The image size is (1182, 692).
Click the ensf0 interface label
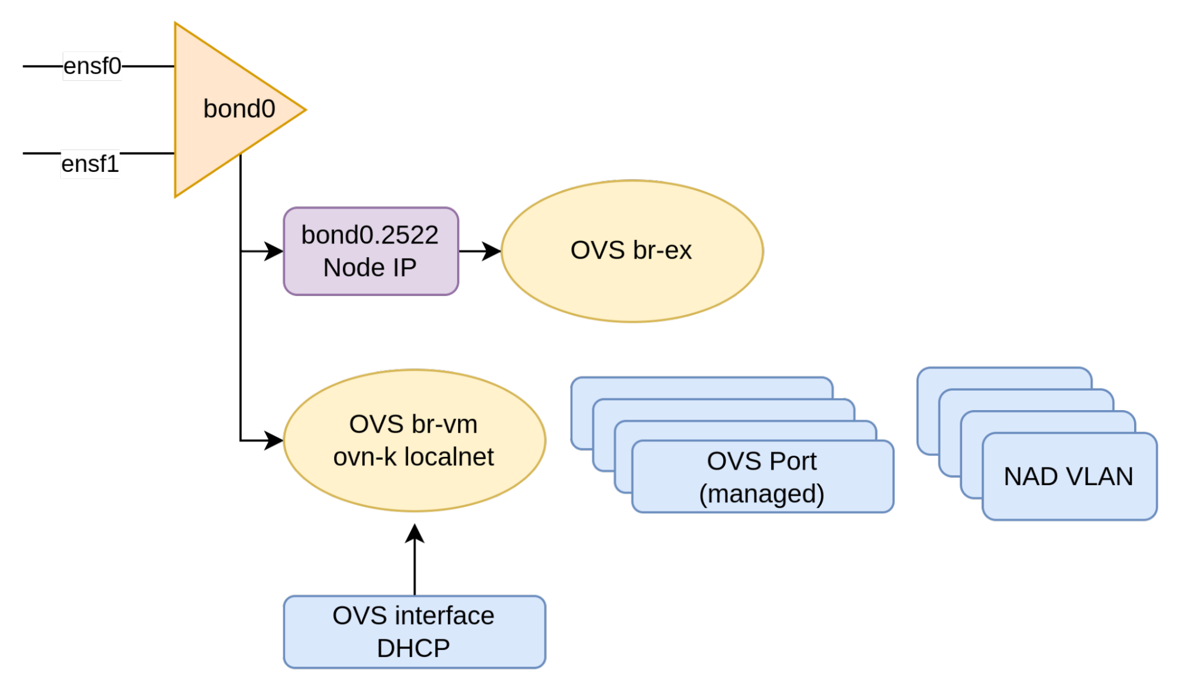(92, 66)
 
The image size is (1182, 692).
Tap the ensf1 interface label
(90, 164)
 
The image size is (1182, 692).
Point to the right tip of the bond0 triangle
(305, 109)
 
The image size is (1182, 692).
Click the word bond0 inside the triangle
(239, 109)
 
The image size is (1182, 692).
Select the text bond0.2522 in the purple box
(370, 235)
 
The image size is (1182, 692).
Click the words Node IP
(370, 268)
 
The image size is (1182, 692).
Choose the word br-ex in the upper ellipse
(662, 251)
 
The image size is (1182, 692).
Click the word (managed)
(762, 494)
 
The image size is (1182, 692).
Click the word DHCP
(413, 648)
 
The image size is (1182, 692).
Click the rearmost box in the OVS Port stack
(701, 387)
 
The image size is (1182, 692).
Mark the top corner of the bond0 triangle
(176, 24)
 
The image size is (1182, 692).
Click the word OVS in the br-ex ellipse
(597, 251)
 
